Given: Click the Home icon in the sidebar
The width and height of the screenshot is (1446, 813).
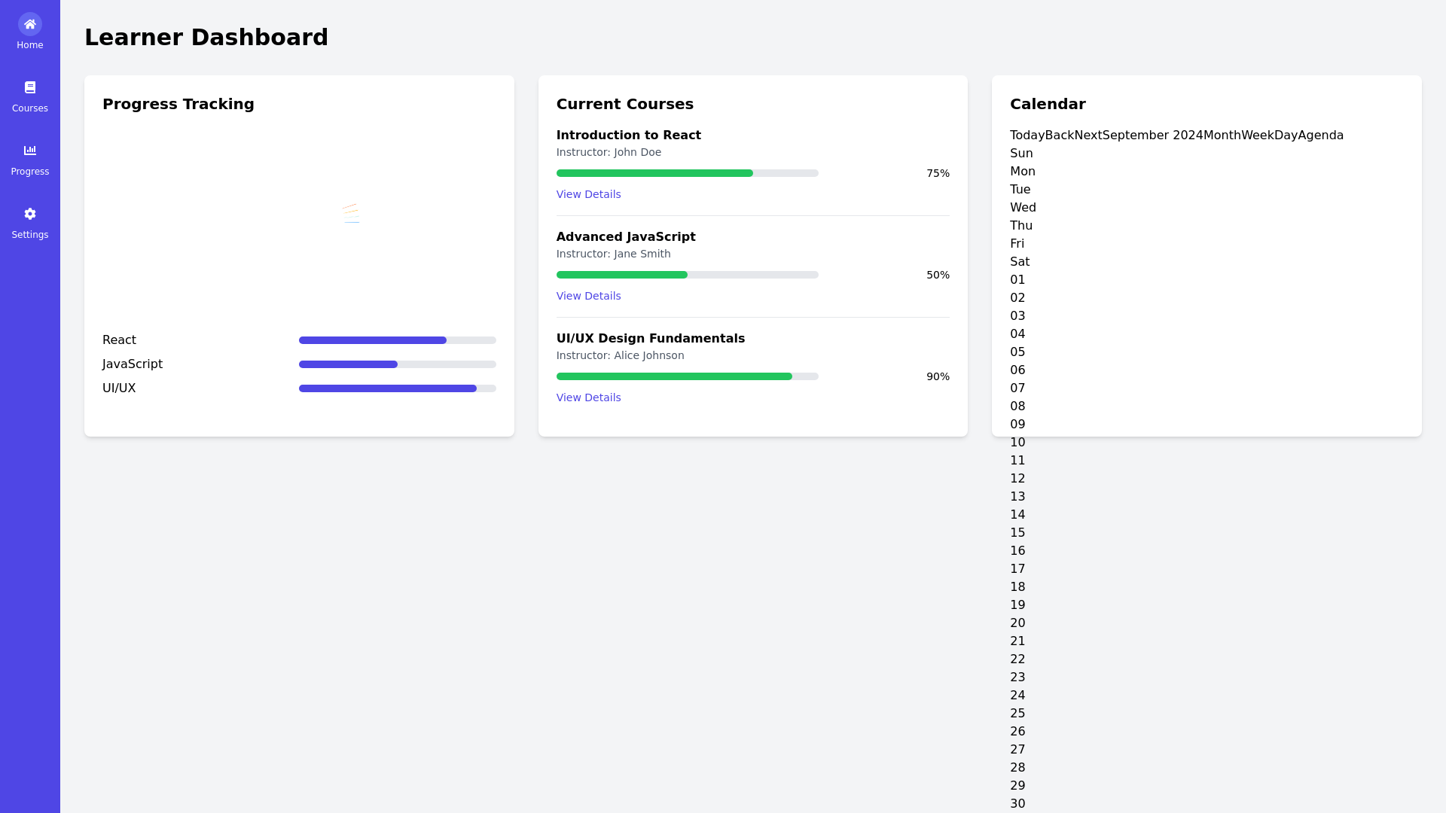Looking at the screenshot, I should point(30,24).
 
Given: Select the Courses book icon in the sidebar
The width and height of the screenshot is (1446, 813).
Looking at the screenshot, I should point(30,87).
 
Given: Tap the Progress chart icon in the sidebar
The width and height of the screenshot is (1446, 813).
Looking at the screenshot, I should point(30,151).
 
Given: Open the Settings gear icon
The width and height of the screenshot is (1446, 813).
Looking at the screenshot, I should point(30,214).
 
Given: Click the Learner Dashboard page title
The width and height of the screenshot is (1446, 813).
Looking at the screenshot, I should point(206,37).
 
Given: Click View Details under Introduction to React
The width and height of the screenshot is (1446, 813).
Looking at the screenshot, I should point(588,194).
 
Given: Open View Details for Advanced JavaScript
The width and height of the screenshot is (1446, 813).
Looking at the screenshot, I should point(588,296).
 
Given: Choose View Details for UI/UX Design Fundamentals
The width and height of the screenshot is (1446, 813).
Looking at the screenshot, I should point(588,397).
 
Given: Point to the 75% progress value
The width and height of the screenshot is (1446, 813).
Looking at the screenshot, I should point(938,173).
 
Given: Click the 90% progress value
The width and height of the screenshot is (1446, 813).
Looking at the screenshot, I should point(938,376).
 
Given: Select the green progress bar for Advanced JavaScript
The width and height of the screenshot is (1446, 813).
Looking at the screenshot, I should point(621,275).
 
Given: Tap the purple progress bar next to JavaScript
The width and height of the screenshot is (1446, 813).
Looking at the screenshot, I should point(348,364).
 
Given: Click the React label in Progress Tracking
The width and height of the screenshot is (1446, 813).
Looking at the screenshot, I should point(119,340).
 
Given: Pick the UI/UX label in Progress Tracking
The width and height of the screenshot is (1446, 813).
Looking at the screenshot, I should point(119,388).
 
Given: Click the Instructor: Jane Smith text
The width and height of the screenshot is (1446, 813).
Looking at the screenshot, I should point(613,254).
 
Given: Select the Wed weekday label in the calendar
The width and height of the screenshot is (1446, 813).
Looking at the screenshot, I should point(1023,208).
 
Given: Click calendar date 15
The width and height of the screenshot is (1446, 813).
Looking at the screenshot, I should point(1017,533).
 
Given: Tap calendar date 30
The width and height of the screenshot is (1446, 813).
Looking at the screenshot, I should point(1017,803).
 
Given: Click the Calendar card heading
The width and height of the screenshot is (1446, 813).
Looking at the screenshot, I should point(1047,104).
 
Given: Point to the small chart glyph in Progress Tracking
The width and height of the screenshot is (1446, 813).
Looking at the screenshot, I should point(351,213).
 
